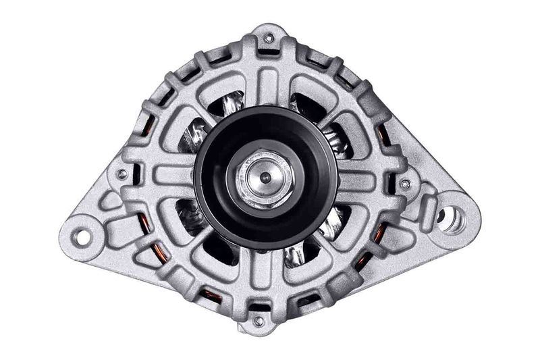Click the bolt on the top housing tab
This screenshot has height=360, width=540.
pyautogui.click(x=269, y=38)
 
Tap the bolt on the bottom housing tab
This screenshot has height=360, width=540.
pyautogui.click(x=259, y=321)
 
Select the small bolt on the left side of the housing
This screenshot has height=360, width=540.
pyautogui.click(x=122, y=174)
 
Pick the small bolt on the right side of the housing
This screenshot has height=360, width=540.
pyautogui.click(x=405, y=184)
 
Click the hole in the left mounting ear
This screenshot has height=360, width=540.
pyautogui.click(x=82, y=236)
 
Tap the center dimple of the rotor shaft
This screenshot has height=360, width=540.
pyautogui.click(x=265, y=178)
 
